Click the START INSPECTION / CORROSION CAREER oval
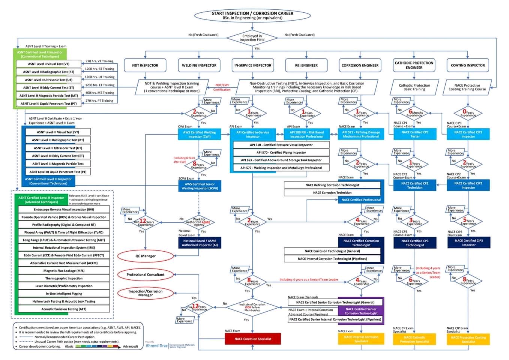point(252,15)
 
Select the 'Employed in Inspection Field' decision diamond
point(252,38)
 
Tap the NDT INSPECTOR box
point(145,65)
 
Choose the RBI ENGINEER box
point(306,65)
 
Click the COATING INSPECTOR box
point(468,65)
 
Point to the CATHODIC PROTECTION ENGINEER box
point(414,65)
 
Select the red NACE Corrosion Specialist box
point(253,339)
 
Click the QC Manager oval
point(146,256)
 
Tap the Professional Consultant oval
point(146,274)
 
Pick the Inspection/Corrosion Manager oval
point(146,293)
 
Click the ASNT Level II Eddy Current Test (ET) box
point(48,88)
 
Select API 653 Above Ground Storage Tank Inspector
point(281,160)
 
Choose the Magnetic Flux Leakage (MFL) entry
point(64,271)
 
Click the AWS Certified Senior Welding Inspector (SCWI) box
point(200,186)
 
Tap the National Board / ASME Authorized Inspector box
point(200,243)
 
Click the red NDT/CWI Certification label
point(222,87)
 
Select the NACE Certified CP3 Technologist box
point(415,243)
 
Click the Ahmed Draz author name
point(157,346)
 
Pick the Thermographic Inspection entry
point(64,278)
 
